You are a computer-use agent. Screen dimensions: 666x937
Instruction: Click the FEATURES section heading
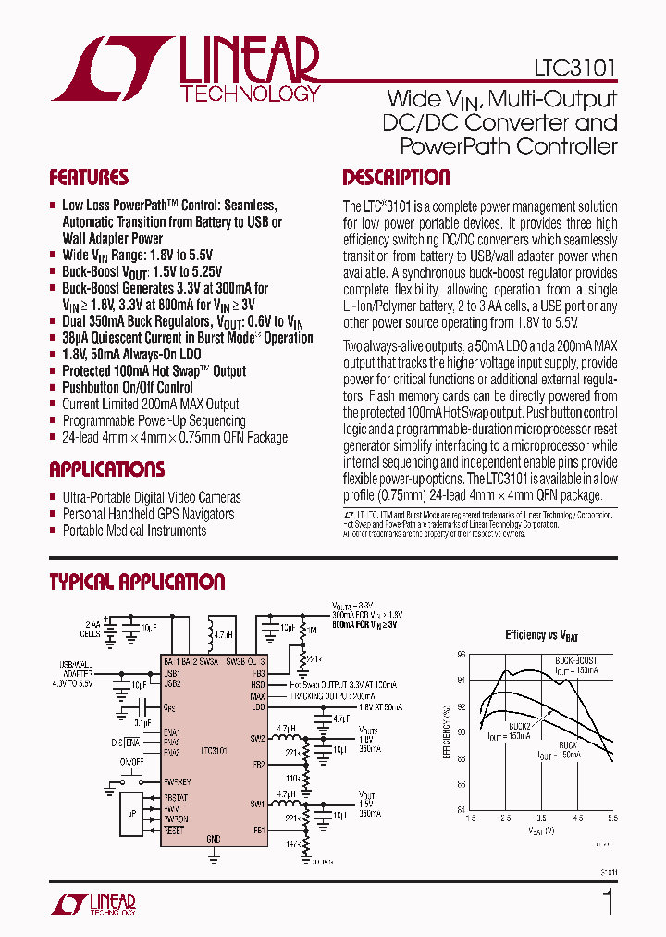point(89,178)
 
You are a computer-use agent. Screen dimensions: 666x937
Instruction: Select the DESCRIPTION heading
point(396,178)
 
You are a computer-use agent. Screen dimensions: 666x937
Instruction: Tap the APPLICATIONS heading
point(107,469)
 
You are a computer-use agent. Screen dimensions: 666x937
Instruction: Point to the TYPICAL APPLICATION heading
point(137,582)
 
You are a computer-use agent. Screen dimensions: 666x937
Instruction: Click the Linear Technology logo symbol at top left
point(109,69)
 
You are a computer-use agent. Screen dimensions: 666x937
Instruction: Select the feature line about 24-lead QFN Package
point(174,438)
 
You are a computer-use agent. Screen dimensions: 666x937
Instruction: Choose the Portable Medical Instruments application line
point(134,531)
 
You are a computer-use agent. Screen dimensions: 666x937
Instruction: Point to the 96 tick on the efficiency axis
point(462,654)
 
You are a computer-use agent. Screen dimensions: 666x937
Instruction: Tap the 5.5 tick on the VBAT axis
point(612,818)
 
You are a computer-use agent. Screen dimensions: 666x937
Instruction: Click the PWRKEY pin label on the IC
point(176,781)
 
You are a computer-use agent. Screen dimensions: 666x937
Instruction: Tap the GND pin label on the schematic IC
point(214,838)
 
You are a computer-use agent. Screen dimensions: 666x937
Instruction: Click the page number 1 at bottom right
point(608,901)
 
